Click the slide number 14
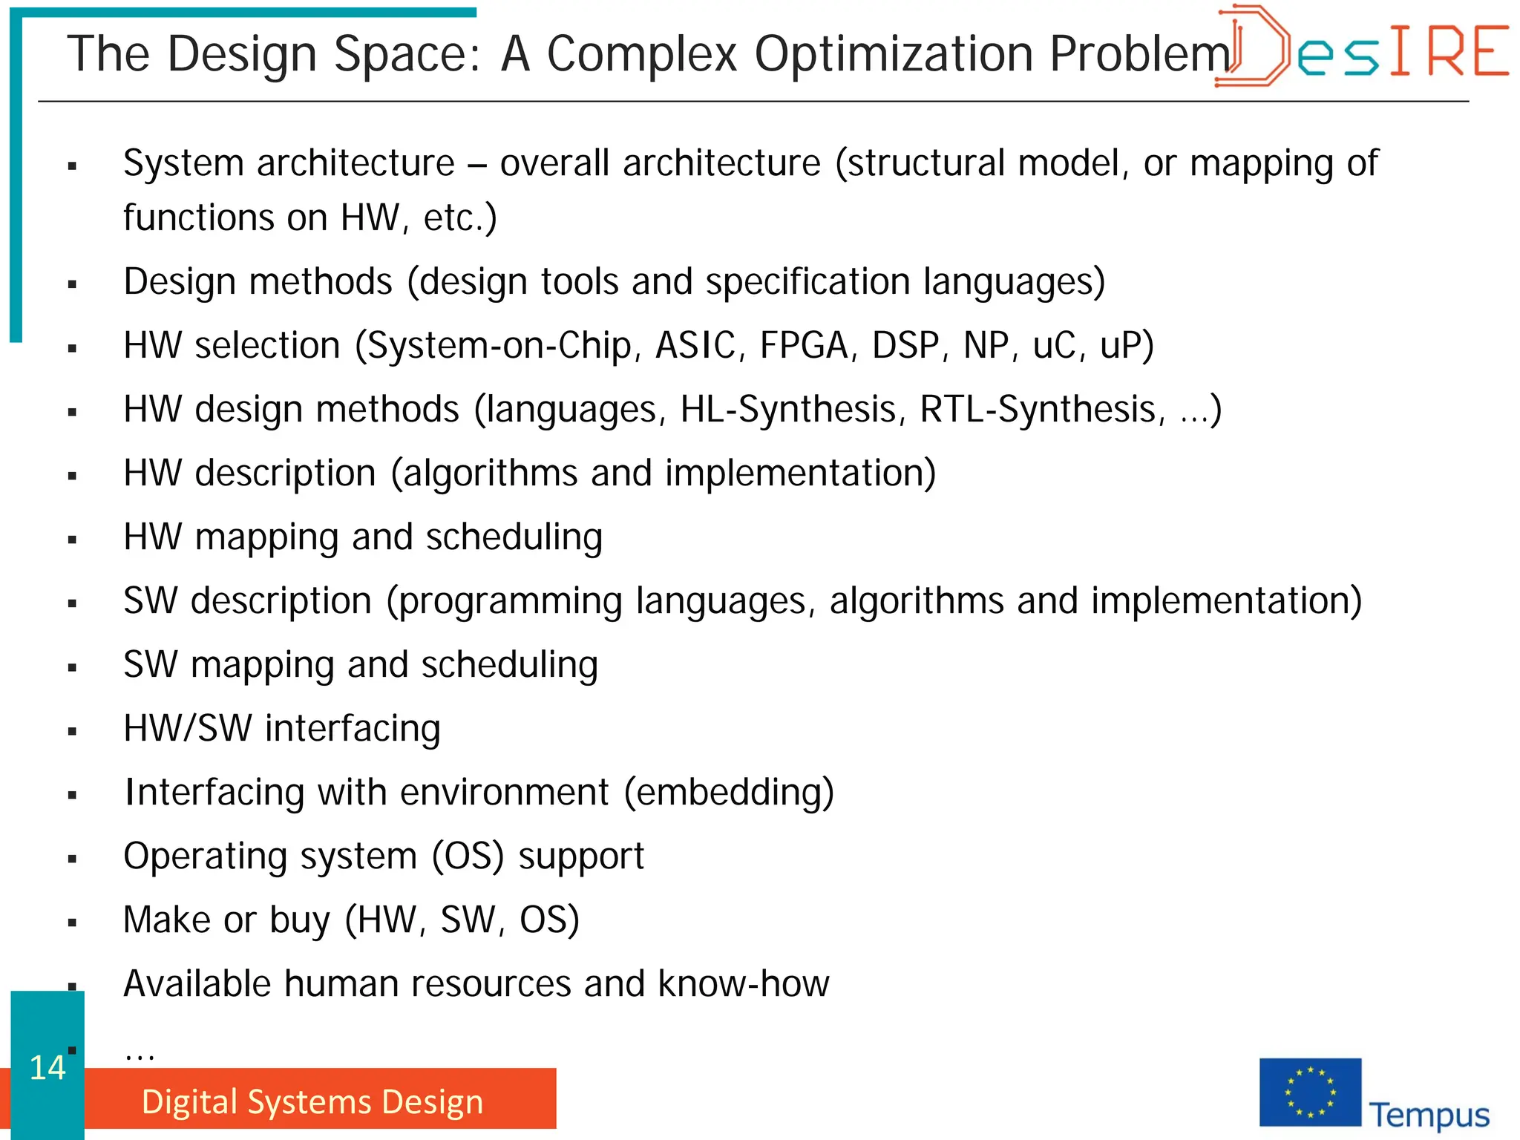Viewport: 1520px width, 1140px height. coord(47,1068)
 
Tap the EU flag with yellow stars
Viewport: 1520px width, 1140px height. coord(1310,1092)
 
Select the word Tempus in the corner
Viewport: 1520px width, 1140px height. coord(1429,1115)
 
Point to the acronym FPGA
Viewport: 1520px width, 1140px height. coord(804,346)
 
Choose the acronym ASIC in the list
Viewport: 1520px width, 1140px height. coord(695,346)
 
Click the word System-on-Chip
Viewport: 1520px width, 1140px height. coord(499,346)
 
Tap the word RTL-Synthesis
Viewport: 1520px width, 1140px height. coord(1038,410)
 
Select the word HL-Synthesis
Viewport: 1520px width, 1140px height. coord(787,410)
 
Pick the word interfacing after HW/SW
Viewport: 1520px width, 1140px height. coord(353,729)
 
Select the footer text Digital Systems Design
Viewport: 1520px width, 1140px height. coord(312,1101)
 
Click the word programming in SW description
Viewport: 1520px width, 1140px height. coord(511,602)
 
